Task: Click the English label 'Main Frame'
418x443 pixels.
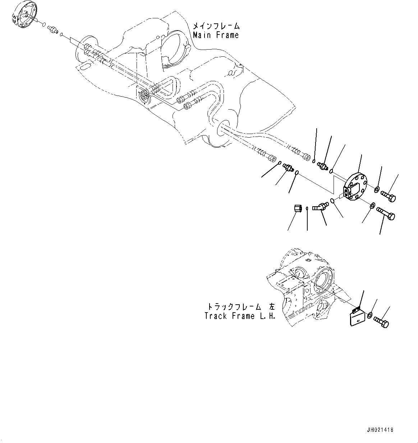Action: (216, 35)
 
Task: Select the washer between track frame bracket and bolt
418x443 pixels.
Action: (370, 316)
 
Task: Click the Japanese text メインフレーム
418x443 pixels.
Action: (216, 26)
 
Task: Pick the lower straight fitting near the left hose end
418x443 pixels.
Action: (288, 167)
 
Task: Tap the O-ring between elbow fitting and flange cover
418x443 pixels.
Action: (333, 201)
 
